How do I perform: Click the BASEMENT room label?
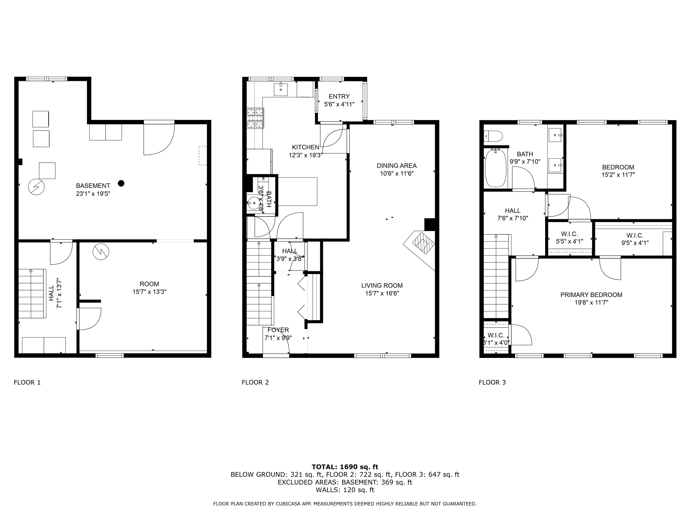click(93, 186)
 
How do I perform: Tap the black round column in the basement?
click(121, 183)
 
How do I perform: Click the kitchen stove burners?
click(255, 118)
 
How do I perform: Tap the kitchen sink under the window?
click(281, 89)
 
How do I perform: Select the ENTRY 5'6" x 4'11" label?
click(339, 100)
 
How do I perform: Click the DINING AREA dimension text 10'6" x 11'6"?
click(396, 174)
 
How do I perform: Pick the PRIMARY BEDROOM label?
click(591, 295)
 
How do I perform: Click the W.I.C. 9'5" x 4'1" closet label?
click(635, 239)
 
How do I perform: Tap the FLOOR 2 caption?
click(255, 382)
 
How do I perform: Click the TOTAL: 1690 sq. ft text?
click(345, 467)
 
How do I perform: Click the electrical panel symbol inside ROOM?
click(101, 252)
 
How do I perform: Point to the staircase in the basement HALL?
click(31, 293)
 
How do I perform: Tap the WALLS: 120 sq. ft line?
click(345, 490)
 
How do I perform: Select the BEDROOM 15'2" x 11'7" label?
click(618, 171)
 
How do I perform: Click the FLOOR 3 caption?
click(492, 382)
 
